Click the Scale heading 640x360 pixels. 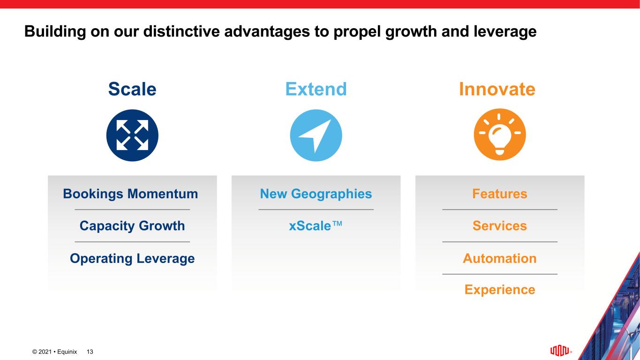(132, 89)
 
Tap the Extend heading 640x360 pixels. (316, 89)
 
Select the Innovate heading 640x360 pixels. (497, 89)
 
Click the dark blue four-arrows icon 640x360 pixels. (132, 135)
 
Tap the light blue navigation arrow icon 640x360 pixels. (316, 135)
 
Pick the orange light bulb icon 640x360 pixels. (500, 134)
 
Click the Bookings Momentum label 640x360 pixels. (130, 194)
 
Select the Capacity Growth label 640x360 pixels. (132, 226)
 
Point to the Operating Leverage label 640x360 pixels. (132, 258)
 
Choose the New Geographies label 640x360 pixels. (316, 194)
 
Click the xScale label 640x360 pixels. (316, 226)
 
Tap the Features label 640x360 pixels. (500, 194)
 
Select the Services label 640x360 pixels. (500, 226)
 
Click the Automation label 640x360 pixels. (500, 258)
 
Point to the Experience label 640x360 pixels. (500, 289)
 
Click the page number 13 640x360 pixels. (90, 352)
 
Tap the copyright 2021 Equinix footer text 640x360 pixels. (54, 352)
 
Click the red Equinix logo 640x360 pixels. (559, 351)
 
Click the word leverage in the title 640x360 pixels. (505, 31)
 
